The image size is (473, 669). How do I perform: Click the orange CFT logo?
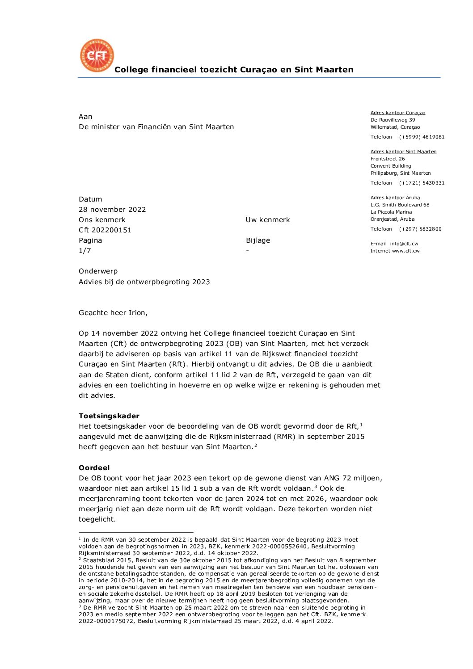coord(97,56)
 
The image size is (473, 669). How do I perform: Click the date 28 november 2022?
coord(112,210)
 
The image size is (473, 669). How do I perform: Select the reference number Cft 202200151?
coord(105,230)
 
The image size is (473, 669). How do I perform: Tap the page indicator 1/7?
coord(85,251)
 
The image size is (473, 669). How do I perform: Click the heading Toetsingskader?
coord(109,416)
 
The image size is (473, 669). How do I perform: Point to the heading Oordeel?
coord(94,468)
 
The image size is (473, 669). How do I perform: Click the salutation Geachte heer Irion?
coord(113,313)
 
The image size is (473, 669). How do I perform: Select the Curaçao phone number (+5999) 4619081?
coord(422,137)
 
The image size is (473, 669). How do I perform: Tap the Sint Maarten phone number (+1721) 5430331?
coord(422,183)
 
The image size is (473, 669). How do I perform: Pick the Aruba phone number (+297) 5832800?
coord(420,229)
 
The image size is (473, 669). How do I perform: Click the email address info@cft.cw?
coord(404,244)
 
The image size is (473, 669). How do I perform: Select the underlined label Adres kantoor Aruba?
coord(395,198)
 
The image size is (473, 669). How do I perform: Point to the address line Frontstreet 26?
coord(388,159)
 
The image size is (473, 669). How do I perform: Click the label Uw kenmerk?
coord(268,220)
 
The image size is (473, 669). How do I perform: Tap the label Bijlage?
coord(258,240)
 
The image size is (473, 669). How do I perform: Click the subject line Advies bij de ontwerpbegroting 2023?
coord(144,282)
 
